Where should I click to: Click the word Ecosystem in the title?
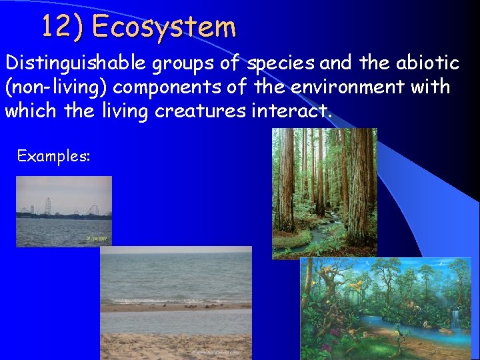pyautogui.click(x=164, y=27)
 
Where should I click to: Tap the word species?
pyautogui.click(x=281, y=63)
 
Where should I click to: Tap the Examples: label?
pyautogui.click(x=53, y=156)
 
